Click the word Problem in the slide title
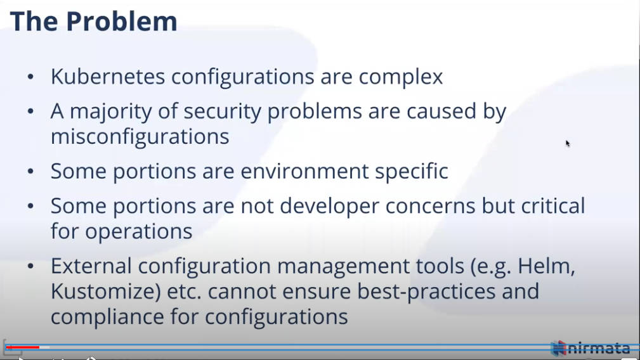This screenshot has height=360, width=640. pyautogui.click(x=122, y=21)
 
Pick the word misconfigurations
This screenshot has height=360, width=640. pyautogui.click(x=140, y=137)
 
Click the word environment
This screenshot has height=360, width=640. pyautogui.click(x=304, y=171)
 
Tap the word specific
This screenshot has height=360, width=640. pyautogui.click(x=412, y=172)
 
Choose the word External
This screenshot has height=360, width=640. pyautogui.click(x=91, y=266)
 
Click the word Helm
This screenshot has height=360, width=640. pyautogui.click(x=546, y=266)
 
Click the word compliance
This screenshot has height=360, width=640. pyautogui.click(x=107, y=317)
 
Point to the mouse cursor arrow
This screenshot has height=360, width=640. pyautogui.click(x=568, y=143)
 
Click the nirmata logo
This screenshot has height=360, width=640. pyautogui.click(x=590, y=348)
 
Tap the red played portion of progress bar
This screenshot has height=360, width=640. pyautogui.click(x=23, y=347)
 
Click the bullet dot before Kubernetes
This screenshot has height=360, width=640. pyautogui.click(x=30, y=77)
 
